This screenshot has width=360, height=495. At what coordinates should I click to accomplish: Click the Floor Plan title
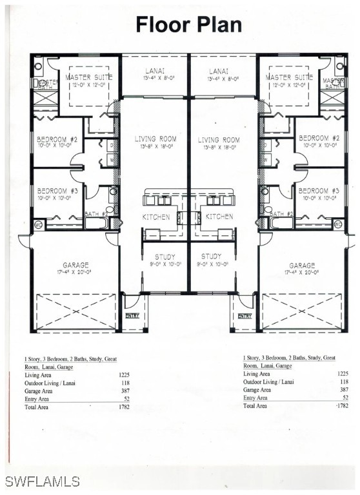point(188,24)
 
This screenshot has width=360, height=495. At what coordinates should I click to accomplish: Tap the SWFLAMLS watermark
point(42,481)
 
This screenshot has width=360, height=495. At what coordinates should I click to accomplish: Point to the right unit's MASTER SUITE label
point(289,77)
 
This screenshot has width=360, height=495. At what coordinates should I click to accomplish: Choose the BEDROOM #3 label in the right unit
point(318,191)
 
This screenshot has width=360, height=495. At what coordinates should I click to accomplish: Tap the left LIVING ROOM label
point(155,139)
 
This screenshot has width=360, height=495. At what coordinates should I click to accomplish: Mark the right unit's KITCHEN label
point(220,217)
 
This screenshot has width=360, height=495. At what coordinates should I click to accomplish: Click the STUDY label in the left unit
point(156,256)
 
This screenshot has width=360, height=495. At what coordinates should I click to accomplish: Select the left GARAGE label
point(76,265)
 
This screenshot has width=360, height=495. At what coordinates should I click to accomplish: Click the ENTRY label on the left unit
point(132,316)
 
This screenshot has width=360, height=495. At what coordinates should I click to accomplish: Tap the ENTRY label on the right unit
point(245,316)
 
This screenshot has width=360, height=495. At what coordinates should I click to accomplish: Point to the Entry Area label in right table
point(257,398)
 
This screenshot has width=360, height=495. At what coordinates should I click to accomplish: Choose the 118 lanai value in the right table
point(344,382)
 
